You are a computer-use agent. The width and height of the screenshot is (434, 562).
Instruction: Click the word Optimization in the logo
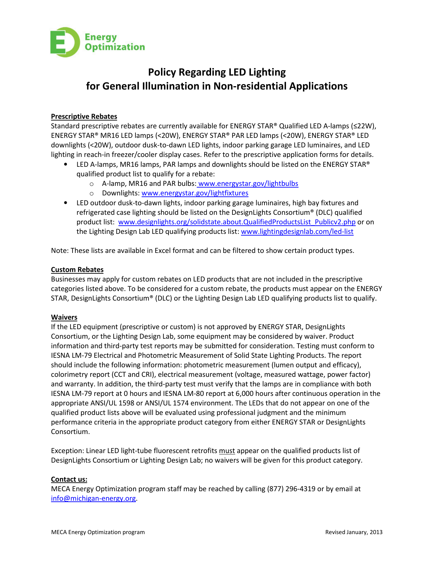115,47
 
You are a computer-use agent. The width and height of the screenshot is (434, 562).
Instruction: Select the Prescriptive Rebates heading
84,116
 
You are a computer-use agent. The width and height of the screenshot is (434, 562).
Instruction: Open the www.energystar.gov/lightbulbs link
248,183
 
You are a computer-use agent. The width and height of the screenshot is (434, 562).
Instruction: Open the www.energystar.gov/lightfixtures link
195,193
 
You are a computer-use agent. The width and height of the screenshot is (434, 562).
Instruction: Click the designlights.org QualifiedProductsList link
237,222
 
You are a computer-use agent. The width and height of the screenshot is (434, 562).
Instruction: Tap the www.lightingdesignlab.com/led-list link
297,231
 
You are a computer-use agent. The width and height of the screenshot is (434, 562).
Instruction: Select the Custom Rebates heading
77,270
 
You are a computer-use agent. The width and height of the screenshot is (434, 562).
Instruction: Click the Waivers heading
64,317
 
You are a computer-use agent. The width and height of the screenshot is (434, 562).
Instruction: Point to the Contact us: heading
69,479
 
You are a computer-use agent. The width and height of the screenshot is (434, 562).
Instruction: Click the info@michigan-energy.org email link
93,498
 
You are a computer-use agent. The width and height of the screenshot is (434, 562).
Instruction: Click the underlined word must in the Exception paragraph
227,451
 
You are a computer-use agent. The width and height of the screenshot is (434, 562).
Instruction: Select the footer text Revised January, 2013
354,532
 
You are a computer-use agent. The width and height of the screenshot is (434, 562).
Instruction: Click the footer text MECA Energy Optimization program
98,532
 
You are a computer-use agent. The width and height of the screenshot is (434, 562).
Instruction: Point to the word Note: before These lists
60,251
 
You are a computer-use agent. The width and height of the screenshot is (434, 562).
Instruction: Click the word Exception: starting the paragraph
67,451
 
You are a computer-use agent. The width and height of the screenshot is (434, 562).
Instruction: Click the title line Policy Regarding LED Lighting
217,72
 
